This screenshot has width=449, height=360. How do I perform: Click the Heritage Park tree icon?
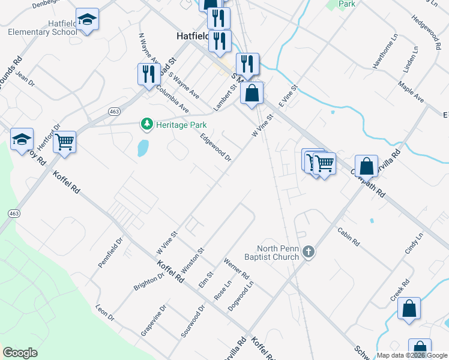coord(146,124)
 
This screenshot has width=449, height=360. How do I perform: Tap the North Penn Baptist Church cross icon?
coord(309,251)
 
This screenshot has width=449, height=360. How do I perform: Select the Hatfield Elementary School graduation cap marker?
coord(87,20)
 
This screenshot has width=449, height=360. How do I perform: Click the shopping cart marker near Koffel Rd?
coord(64,142)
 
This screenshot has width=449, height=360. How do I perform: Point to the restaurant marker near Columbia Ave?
coord(147,74)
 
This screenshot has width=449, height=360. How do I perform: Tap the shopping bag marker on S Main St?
coord(252,93)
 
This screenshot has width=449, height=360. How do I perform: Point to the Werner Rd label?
coord(237,272)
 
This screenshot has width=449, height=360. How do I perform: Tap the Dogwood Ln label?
coord(241,296)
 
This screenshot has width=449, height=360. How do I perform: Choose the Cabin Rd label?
coord(348,237)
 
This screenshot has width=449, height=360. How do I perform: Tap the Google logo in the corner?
coord(20,353)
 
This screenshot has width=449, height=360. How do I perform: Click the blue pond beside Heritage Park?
coord(142,148)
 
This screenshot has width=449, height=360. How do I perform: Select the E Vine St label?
coord(288,97)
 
